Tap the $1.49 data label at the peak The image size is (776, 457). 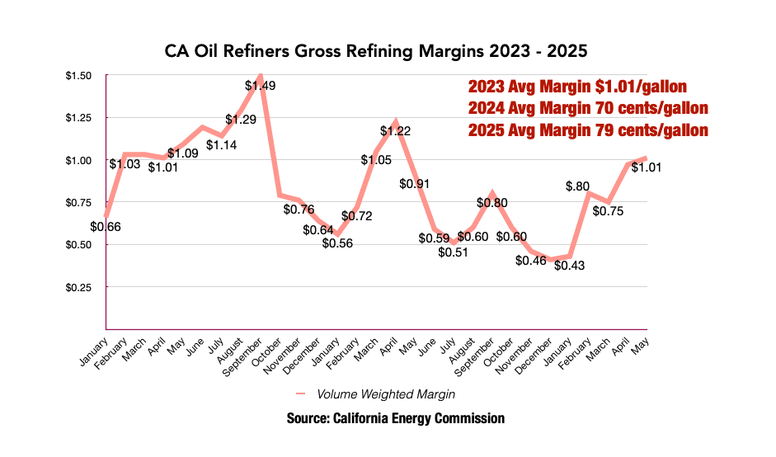(x=260, y=85)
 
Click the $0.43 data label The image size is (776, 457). (x=569, y=266)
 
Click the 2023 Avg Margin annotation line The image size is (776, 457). (x=577, y=87)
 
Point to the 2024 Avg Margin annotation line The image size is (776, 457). (x=588, y=108)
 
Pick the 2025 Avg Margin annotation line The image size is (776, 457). (x=588, y=130)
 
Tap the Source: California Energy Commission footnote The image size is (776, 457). (x=395, y=419)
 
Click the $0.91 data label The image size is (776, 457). (x=414, y=183)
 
